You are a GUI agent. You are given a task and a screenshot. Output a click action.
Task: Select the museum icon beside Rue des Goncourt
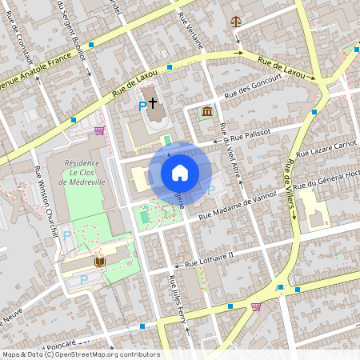[x=207, y=110]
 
